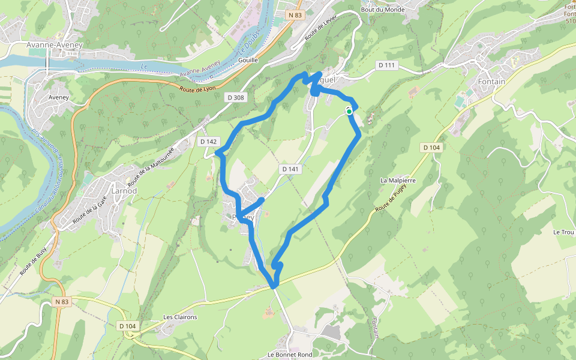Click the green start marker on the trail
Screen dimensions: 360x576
(x=349, y=111)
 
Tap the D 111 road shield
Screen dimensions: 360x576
(x=388, y=65)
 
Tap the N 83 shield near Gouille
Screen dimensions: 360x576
(x=293, y=15)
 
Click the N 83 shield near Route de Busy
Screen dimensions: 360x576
(x=61, y=302)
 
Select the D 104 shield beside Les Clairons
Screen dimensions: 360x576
(x=128, y=326)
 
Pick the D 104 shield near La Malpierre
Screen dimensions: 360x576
(x=431, y=148)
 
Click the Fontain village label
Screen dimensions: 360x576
(x=492, y=82)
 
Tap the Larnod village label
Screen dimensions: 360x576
(x=125, y=191)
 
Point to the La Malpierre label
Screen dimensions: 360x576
(x=398, y=180)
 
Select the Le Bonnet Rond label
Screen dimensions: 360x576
(x=290, y=355)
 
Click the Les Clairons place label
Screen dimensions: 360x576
(x=180, y=317)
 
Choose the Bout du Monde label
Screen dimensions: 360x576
(x=383, y=10)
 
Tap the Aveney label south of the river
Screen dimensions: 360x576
(x=59, y=97)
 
